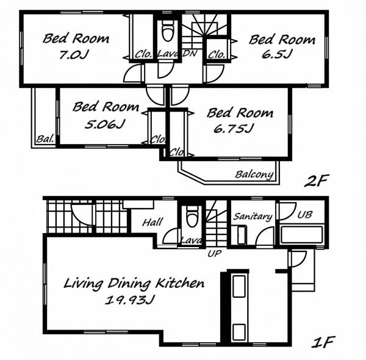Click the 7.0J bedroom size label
click(x=74, y=55)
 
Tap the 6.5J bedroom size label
click(x=277, y=54)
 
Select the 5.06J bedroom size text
click(x=105, y=124)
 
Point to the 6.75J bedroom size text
click(x=234, y=128)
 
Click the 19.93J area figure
click(x=131, y=300)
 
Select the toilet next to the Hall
click(x=193, y=216)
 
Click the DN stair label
click(x=190, y=54)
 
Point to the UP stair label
click(x=215, y=253)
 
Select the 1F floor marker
click(x=323, y=342)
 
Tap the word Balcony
click(x=254, y=175)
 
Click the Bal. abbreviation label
click(x=45, y=139)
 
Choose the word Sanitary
click(x=253, y=217)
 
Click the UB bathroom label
click(x=305, y=215)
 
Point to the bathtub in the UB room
click(x=301, y=234)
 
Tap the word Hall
click(x=152, y=222)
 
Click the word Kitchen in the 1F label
click(x=180, y=283)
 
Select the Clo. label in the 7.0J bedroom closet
click(x=143, y=54)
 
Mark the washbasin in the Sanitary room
click(x=242, y=235)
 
